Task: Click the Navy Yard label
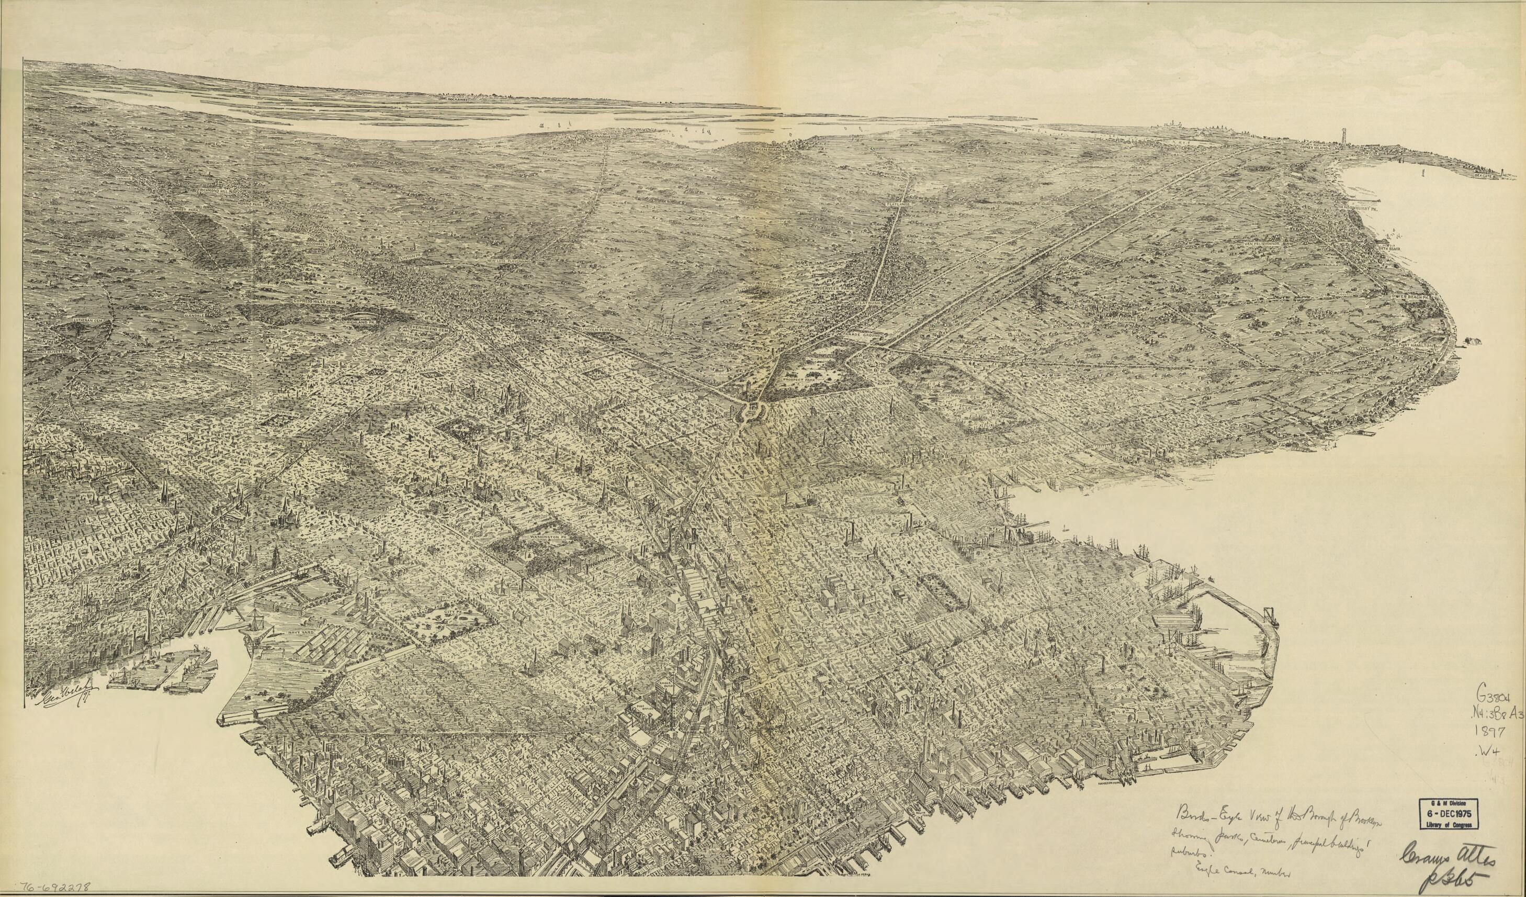[x=296, y=632]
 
